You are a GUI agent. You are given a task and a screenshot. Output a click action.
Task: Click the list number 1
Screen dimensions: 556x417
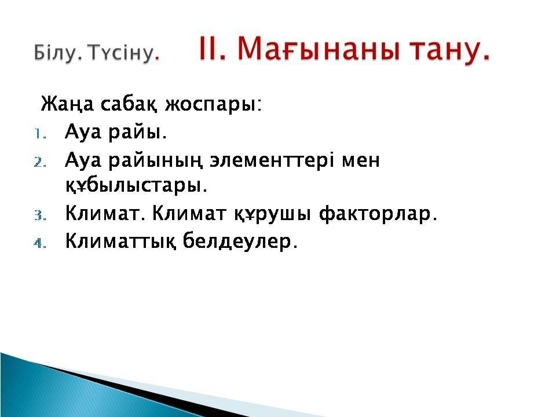(x=40, y=134)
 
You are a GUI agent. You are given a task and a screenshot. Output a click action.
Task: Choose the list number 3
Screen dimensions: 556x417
(x=40, y=215)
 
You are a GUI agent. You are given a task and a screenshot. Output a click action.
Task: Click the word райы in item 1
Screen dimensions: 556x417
(x=137, y=133)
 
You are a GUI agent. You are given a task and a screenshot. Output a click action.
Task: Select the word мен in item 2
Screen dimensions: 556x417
(x=361, y=162)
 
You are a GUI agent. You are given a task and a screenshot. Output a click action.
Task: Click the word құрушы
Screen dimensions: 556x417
(x=273, y=214)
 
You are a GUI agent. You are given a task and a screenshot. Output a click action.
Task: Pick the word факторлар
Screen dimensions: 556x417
(x=378, y=214)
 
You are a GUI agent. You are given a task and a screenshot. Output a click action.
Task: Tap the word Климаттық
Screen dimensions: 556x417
(x=120, y=242)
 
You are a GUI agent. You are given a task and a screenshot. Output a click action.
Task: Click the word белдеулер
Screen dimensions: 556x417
(x=240, y=241)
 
